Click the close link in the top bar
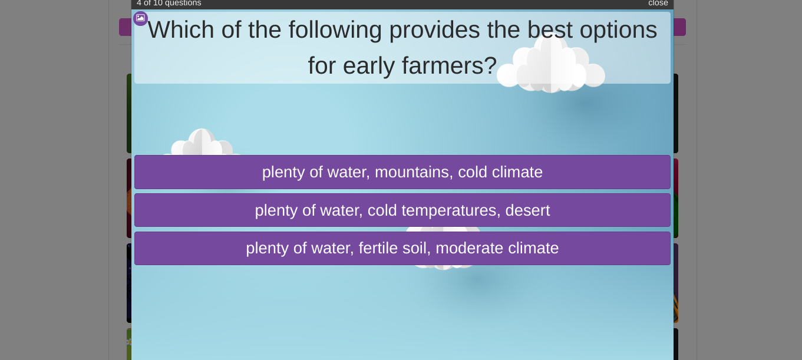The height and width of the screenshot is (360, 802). click(658, 3)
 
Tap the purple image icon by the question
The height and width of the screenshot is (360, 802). click(140, 18)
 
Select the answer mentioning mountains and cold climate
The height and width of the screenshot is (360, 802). click(402, 172)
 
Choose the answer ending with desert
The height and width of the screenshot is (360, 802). click(402, 210)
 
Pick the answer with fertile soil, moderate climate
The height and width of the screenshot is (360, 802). click(402, 249)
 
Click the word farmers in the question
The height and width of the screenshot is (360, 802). click(450, 66)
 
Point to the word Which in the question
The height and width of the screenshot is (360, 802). click(181, 29)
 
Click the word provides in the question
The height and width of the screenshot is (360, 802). click(434, 31)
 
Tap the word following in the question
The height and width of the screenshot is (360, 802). click(335, 31)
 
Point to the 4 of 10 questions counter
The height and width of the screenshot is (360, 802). click(169, 3)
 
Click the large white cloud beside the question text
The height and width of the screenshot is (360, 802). click(550, 64)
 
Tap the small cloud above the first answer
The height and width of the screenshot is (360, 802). click(202, 143)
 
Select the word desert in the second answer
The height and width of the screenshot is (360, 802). click(527, 210)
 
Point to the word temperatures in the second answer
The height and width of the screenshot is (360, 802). click(451, 211)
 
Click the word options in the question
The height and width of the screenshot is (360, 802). click(618, 31)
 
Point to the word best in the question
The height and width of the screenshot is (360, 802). click(550, 29)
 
